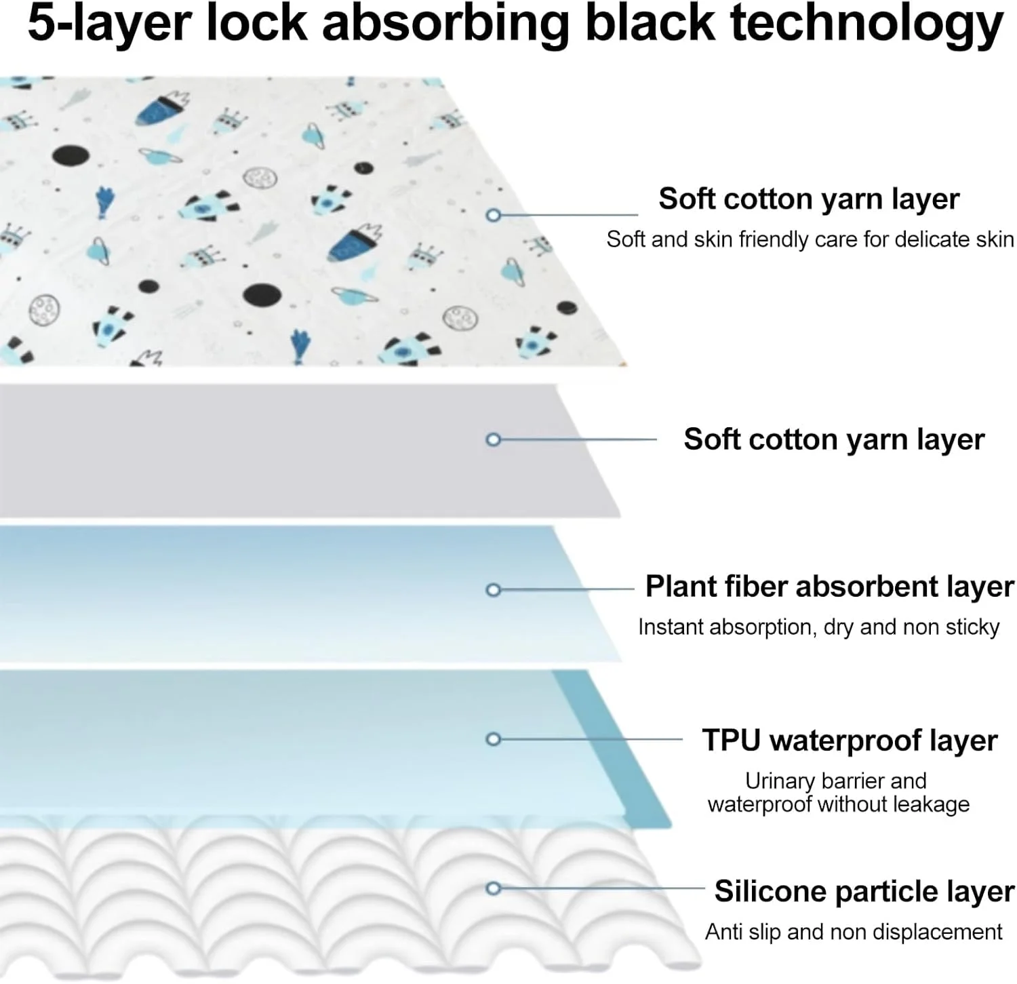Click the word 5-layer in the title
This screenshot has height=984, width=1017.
click(x=109, y=23)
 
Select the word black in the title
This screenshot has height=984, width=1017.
click(x=649, y=23)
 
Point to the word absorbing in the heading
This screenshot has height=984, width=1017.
click(x=445, y=23)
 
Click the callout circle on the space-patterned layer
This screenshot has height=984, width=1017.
click(x=494, y=215)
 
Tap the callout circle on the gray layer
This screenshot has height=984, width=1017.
click(x=494, y=439)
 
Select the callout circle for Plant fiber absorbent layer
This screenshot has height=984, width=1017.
click(x=494, y=590)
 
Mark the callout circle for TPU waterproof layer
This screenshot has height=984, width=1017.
click(x=494, y=739)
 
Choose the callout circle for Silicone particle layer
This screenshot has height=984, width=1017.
click(x=494, y=888)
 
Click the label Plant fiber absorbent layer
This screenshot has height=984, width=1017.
click(x=829, y=587)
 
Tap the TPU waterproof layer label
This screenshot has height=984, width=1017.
click(x=850, y=741)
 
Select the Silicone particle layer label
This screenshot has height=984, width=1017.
click(x=864, y=891)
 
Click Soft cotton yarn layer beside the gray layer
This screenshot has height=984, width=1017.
click(x=834, y=439)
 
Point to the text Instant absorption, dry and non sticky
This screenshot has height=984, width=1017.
click(x=818, y=627)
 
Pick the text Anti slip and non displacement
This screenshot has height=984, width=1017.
click(x=853, y=932)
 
